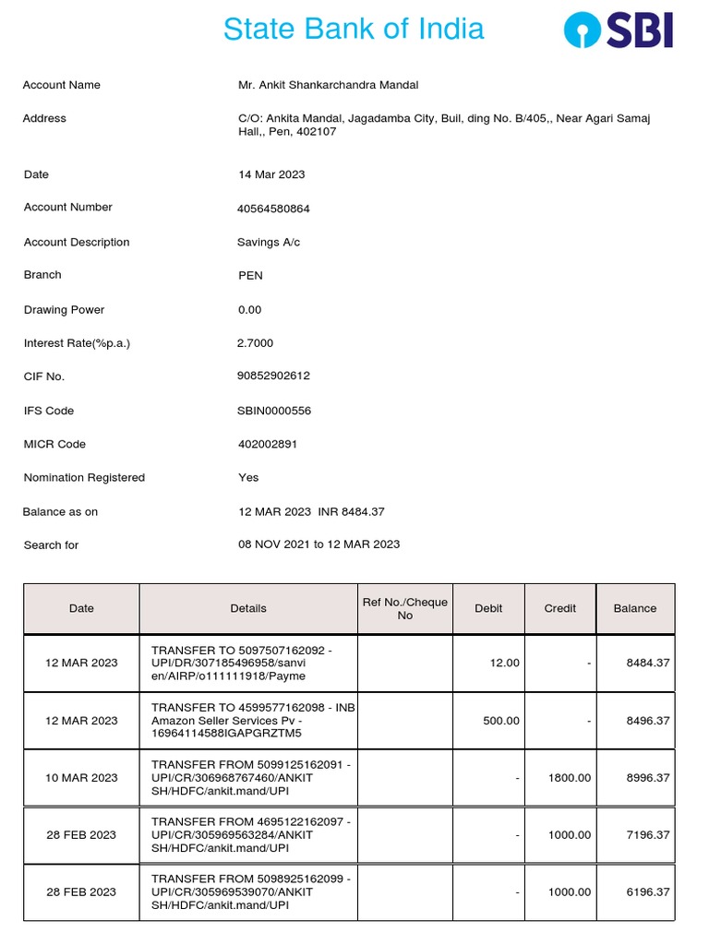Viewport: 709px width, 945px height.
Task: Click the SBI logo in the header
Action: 619,30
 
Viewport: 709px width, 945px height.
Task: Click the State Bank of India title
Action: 354,29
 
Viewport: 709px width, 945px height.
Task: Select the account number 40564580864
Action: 274,209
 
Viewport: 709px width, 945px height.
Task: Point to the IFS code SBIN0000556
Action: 274,411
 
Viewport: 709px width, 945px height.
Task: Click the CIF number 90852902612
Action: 274,377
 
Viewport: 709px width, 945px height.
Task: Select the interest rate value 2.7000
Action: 256,343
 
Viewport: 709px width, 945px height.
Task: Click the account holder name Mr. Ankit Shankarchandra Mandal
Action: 328,85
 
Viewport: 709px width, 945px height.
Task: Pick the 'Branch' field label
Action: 42,275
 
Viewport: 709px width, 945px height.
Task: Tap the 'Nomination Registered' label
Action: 84,478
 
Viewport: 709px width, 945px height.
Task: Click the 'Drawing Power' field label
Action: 64,310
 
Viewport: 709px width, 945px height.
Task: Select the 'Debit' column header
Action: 488,608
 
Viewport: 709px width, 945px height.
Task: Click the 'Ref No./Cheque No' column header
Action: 405,608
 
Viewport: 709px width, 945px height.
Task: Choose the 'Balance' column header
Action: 635,608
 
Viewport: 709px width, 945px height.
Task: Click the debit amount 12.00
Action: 506,663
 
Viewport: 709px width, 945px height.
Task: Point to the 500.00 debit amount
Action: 501,721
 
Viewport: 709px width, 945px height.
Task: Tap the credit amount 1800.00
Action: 570,778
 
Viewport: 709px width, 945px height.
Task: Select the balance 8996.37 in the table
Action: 647,778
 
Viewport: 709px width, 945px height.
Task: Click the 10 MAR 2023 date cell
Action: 81,778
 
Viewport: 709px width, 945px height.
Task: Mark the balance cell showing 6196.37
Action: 647,892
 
